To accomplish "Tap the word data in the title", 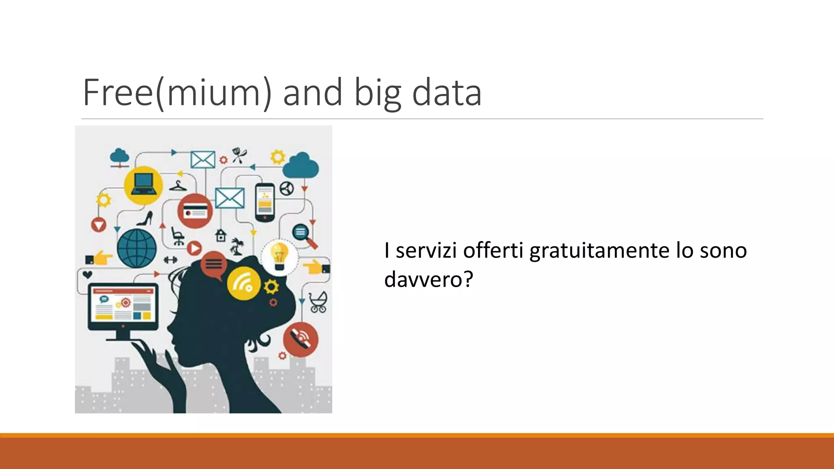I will (447, 93).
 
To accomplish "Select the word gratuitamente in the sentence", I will (599, 250).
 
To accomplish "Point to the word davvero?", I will (428, 279).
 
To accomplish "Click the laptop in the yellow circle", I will (143, 185).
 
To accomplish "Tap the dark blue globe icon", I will (137, 248).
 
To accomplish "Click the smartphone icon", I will (265, 202).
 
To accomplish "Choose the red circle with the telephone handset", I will (301, 339).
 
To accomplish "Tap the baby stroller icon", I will (318, 302).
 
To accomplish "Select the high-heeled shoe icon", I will (145, 219).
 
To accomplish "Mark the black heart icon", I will (87, 274).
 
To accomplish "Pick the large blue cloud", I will (301, 165).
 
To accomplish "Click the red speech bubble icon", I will (213, 264).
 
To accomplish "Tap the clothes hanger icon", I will (178, 186).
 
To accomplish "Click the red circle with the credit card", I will (195, 211).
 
